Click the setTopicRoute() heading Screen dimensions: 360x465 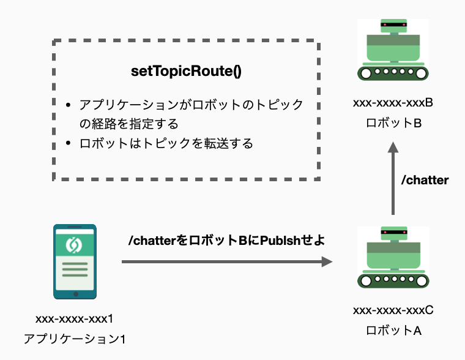tap(186, 70)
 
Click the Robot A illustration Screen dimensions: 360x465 tap(393, 258)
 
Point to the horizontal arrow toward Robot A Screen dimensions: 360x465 tap(226, 262)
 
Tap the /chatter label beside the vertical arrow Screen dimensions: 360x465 tap(425, 180)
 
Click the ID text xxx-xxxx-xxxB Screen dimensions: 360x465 tap(393, 102)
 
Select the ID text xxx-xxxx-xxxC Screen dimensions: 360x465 tap(393, 310)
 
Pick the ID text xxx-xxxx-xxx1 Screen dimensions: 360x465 tap(75, 318)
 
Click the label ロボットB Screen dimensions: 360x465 tap(393, 122)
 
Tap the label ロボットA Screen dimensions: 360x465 tap(393, 331)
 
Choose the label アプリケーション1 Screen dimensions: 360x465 tap(75, 338)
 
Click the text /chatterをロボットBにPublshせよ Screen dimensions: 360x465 tap(226, 241)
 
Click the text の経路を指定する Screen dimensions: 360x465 tap(128, 124)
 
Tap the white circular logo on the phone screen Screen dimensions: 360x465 tap(75, 244)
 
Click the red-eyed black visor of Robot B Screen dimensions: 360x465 tap(393, 24)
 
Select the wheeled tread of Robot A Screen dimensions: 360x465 tap(393, 280)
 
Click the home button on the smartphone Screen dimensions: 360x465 tap(75, 293)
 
